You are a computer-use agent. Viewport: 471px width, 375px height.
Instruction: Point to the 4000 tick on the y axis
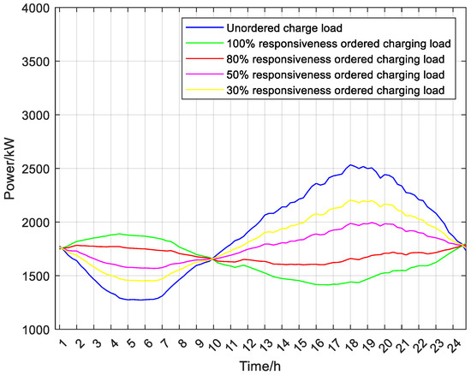(32, 9)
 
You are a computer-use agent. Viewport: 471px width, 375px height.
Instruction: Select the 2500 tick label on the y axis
(32, 169)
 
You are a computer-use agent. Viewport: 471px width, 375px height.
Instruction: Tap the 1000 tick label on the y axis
(32, 330)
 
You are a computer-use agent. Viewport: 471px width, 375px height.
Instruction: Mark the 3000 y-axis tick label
(32, 116)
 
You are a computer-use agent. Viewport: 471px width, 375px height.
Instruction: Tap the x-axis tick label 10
(216, 345)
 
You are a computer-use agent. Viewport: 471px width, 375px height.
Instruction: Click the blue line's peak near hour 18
(350, 165)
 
